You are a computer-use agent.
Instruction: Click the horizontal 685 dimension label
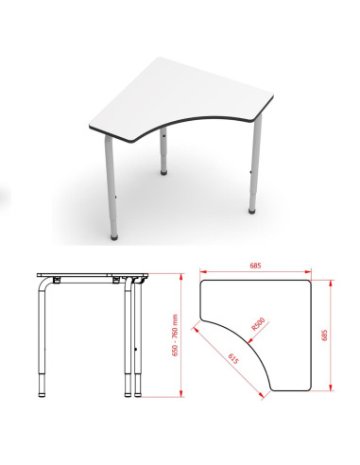pyautogui.click(x=255, y=266)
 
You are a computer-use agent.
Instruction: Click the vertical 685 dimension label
pyautogui.click(x=324, y=335)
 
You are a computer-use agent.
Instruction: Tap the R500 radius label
pyautogui.click(x=258, y=324)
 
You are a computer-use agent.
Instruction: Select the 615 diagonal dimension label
pyautogui.click(x=233, y=359)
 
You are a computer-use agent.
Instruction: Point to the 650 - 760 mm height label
pyautogui.click(x=175, y=336)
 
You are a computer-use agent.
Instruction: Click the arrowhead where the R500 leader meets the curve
pyautogui.click(x=250, y=340)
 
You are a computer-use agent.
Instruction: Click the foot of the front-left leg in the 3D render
pyautogui.click(x=114, y=237)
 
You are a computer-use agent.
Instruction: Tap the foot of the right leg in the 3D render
pyautogui.click(x=251, y=211)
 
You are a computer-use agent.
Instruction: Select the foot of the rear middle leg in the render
pyautogui.click(x=163, y=172)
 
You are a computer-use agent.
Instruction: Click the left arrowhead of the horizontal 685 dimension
pyautogui.click(x=203, y=271)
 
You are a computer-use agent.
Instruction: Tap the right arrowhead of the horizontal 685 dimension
pyautogui.click(x=308, y=271)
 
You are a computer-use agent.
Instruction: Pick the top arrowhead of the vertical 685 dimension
pyautogui.click(x=331, y=284)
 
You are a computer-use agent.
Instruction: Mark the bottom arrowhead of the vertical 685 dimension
pyautogui.click(x=331, y=387)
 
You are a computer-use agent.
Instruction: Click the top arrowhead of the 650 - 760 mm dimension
pyautogui.click(x=181, y=277)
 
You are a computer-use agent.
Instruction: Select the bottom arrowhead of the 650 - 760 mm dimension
pyautogui.click(x=181, y=393)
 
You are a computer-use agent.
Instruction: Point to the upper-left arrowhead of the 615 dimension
pyautogui.click(x=195, y=329)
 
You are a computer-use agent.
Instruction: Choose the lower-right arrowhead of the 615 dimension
pyautogui.click(x=261, y=395)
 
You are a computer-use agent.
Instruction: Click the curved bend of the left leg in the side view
pyautogui.click(x=43, y=283)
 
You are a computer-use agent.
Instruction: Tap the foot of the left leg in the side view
pyautogui.click(x=42, y=394)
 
